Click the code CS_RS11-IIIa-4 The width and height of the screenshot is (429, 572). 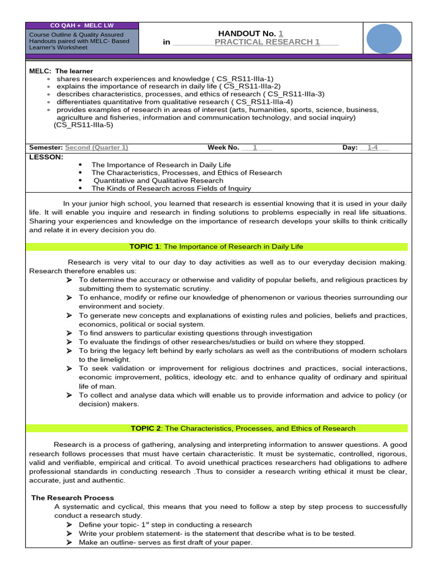pyautogui.click(x=263, y=102)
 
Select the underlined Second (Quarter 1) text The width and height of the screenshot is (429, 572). pyautogui.click(x=97, y=147)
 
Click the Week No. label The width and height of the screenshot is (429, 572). pyautogui.click(x=223, y=147)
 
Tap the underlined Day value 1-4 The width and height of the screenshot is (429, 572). pyautogui.click(x=373, y=147)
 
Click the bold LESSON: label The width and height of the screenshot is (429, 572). pyautogui.click(x=46, y=157)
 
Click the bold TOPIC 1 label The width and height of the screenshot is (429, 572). pyautogui.click(x=144, y=246)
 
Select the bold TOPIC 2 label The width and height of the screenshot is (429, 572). pyautogui.click(x=146, y=428)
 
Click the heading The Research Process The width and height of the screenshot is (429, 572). pyautogui.click(x=73, y=498)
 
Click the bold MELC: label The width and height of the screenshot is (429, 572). pyautogui.click(x=40, y=71)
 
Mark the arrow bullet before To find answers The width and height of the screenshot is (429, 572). pyautogui.click(x=69, y=333)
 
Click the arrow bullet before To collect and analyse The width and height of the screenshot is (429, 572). pyautogui.click(x=69, y=395)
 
